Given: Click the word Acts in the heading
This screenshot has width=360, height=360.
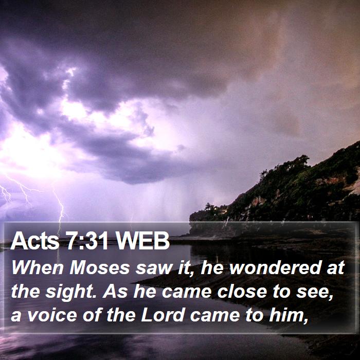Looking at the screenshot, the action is coord(34,241).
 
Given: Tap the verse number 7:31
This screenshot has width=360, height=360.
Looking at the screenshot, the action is coord(87,241).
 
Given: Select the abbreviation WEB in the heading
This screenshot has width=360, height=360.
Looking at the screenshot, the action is coord(142,241).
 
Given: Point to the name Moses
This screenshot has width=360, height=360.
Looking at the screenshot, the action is coord(100,268).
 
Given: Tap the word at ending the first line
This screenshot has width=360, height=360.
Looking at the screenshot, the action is coord(336,268).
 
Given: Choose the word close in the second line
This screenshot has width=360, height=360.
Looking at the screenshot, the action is coord(242,292).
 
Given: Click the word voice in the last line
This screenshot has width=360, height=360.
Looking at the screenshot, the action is coord(52,315).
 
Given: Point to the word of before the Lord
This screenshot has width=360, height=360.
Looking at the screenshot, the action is coord(92,315).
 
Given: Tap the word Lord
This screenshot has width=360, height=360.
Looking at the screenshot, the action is coord(163,315).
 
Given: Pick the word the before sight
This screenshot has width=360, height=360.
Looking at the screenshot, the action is coord(25,292).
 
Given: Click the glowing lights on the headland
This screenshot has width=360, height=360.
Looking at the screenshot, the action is coord(220,209).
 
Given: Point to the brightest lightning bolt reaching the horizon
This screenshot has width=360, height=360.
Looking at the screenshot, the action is coord(60,207).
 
